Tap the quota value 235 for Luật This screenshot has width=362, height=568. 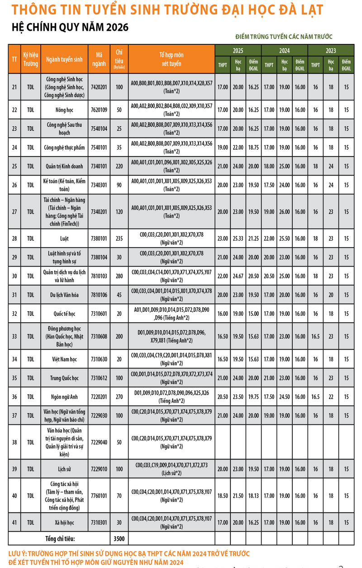click(x=119, y=238)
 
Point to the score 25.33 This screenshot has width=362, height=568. click(x=238, y=238)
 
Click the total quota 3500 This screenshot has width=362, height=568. click(x=119, y=538)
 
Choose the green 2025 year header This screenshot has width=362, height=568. click(x=238, y=51)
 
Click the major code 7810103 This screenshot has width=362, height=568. click(x=99, y=276)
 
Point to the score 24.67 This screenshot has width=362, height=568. click(x=238, y=276)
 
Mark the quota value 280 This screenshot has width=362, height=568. click(x=119, y=276)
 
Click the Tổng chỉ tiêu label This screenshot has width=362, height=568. click(x=59, y=538)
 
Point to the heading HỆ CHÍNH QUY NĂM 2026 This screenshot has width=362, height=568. click(x=70, y=28)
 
